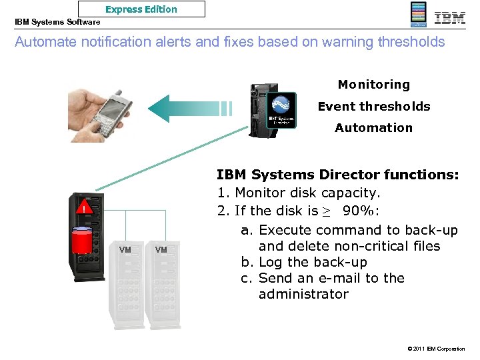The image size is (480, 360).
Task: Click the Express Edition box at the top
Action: coord(141,9)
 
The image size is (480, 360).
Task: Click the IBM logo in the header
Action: coord(450,17)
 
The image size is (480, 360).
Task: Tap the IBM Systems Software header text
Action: coord(57,22)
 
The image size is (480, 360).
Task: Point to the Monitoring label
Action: coord(373,85)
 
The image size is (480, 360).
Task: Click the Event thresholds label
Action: coord(373,106)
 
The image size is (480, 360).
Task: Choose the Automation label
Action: coord(373,127)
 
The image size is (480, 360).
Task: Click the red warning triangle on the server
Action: coord(85,209)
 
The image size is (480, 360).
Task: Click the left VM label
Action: coord(125,250)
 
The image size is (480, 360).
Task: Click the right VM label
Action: coord(161,250)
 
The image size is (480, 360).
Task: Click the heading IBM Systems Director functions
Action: coord(337,175)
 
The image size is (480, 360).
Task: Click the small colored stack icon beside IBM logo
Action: coord(418,15)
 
